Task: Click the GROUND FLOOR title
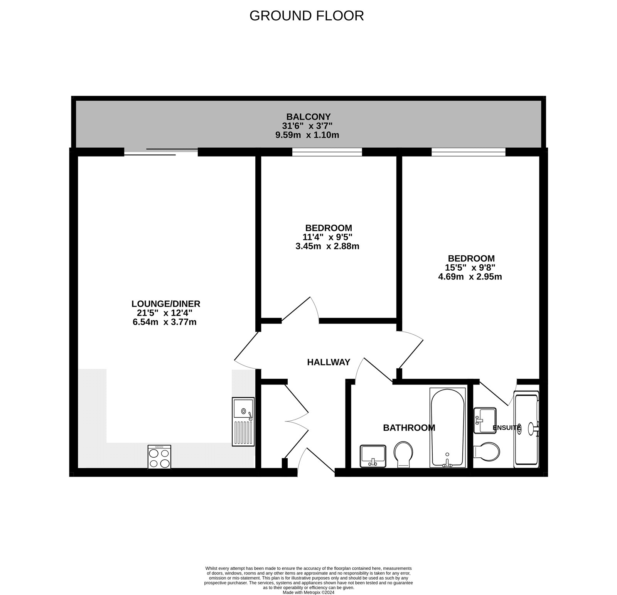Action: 307,16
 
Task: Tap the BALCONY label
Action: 308,116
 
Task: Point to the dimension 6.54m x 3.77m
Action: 165,322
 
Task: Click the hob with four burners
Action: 159,457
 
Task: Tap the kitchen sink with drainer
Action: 243,421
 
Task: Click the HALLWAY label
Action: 329,362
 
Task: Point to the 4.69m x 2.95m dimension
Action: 470,276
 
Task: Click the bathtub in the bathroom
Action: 447,427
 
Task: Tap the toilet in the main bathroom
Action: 403,453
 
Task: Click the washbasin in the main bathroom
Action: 373,456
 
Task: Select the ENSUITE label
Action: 507,428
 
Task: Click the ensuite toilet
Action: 487,450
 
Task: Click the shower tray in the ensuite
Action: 526,429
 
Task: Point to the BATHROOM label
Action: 409,428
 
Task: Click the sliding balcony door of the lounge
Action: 161,152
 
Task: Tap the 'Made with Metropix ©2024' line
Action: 308,593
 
